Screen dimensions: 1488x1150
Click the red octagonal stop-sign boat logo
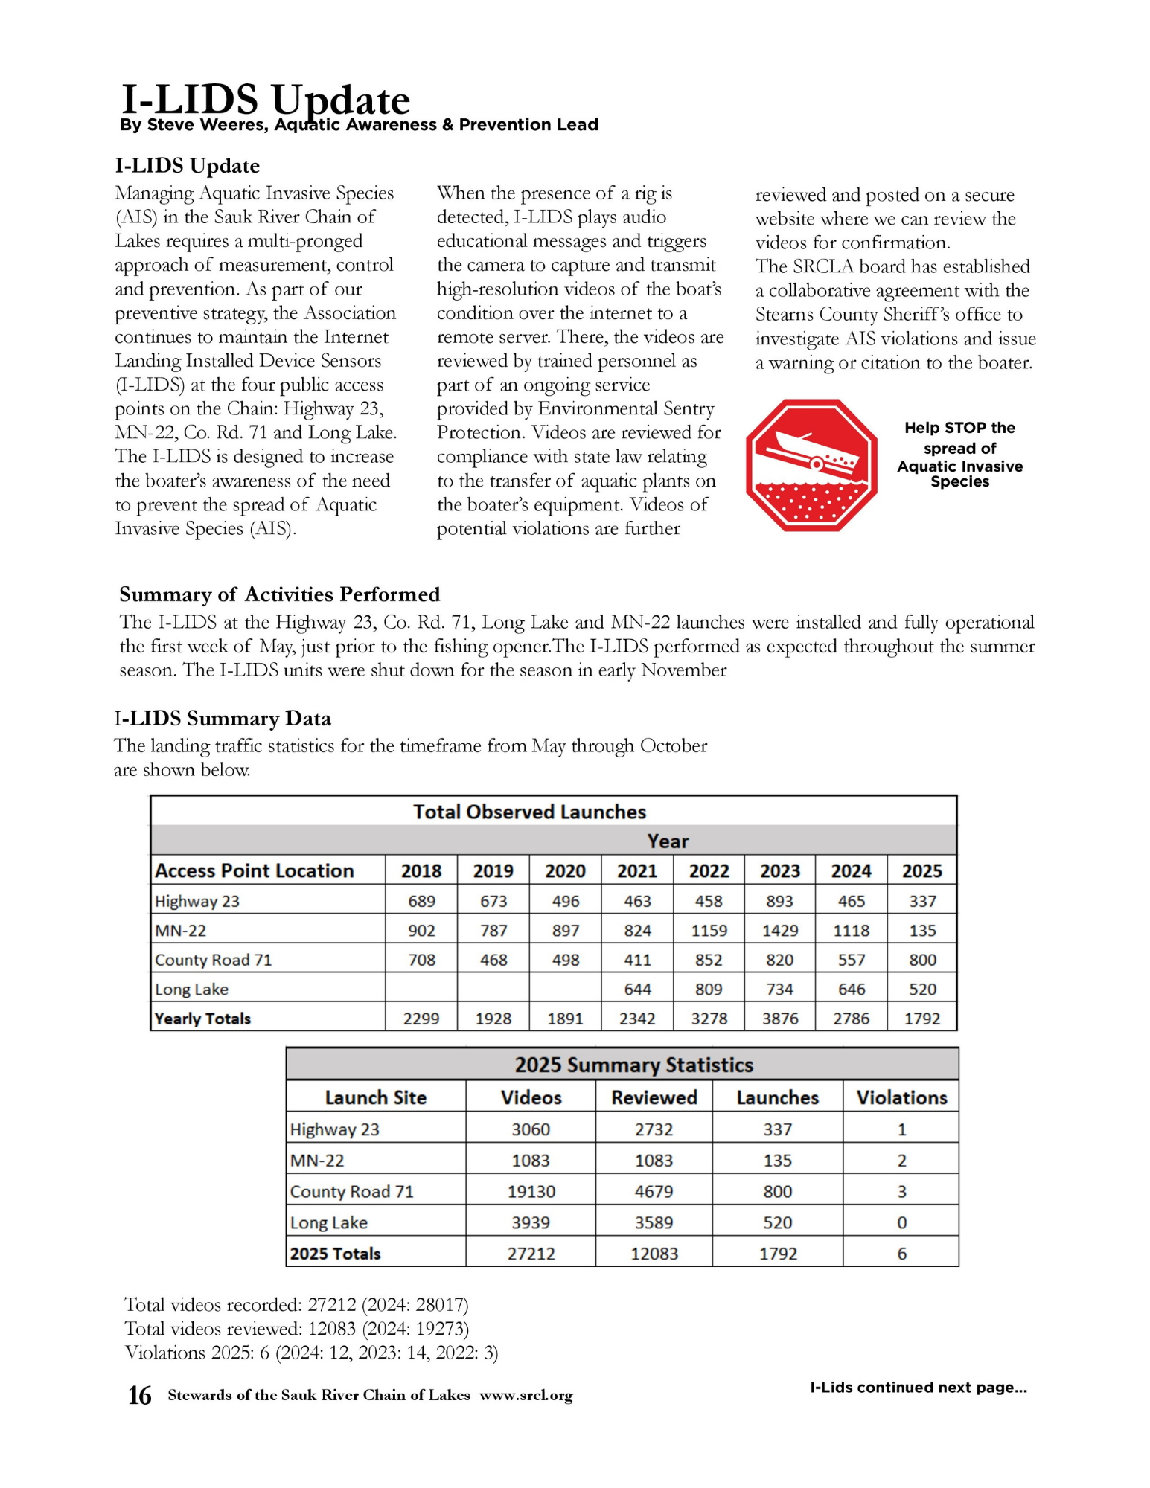(811, 465)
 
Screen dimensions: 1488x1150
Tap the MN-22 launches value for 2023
(779, 931)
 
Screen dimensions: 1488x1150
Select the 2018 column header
(421, 871)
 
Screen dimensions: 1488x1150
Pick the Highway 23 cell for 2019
(493, 902)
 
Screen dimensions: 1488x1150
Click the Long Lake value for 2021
(637, 990)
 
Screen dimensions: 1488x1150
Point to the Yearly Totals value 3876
(779, 1019)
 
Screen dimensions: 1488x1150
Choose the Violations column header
(901, 1097)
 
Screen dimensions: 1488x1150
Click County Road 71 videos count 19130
(531, 1192)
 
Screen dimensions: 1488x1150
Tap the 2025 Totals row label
(335, 1254)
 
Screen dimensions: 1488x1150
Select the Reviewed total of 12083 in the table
(654, 1254)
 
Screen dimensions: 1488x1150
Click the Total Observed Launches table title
(529, 812)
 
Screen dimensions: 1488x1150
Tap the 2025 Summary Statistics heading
(633, 1065)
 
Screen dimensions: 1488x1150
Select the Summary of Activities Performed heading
(280, 594)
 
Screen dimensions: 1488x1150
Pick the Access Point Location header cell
(254, 871)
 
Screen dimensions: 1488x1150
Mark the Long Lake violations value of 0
(901, 1223)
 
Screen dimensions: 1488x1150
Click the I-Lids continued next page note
(918, 1388)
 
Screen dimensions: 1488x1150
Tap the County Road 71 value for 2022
(709, 961)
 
